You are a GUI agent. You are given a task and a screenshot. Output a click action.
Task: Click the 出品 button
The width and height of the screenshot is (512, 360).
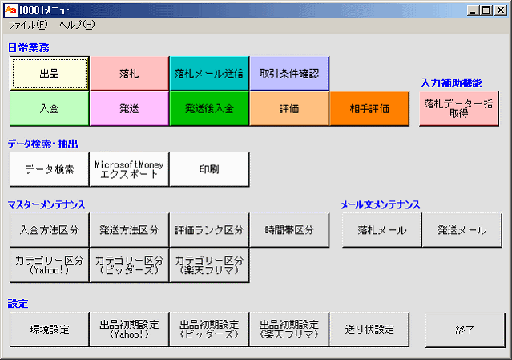click(50, 74)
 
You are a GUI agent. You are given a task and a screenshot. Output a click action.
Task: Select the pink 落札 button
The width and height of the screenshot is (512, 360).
click(129, 74)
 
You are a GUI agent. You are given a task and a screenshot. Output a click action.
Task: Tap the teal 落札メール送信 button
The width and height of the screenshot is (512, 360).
click(209, 74)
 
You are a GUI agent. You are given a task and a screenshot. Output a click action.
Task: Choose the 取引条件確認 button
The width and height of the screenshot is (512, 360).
click(289, 74)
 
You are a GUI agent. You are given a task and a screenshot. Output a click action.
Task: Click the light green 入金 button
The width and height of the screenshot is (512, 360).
click(50, 108)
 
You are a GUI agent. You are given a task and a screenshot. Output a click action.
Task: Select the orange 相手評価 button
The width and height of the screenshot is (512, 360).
click(369, 108)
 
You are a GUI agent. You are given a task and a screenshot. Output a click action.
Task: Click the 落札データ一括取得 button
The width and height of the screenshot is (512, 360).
click(459, 108)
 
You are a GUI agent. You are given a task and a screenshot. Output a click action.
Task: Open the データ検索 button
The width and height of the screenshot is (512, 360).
click(50, 169)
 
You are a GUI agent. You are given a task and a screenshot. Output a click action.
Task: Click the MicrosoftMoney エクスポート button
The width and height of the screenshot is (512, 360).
click(129, 169)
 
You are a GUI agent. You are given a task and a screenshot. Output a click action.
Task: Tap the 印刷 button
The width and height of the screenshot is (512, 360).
click(209, 169)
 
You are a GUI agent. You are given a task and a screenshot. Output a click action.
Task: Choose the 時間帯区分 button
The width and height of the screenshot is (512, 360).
click(289, 230)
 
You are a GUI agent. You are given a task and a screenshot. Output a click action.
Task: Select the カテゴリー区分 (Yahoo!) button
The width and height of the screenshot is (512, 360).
click(50, 265)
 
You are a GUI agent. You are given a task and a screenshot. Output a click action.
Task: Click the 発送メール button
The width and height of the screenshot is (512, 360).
click(462, 230)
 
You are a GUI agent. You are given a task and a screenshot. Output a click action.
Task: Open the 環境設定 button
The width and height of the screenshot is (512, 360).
click(50, 329)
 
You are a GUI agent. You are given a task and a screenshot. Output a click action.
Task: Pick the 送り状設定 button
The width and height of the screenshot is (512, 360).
click(369, 329)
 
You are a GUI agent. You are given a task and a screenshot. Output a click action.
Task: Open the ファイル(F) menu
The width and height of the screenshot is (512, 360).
click(28, 25)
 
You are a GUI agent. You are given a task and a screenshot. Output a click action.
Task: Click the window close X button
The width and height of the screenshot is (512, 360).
click(500, 10)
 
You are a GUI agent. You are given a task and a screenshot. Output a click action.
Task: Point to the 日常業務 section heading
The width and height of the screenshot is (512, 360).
click(28, 48)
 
